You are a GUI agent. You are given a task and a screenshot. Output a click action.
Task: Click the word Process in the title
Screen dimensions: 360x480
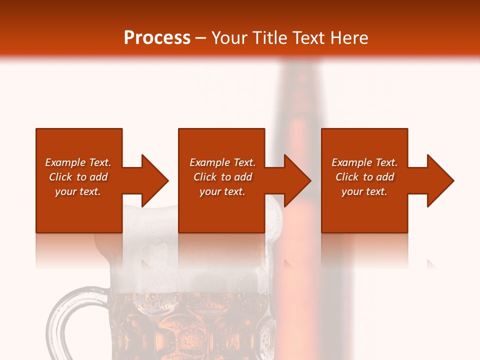(157, 38)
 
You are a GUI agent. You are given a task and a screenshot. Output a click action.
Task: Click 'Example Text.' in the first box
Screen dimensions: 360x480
(78, 162)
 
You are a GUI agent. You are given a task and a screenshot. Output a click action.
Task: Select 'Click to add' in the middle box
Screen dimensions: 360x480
(222, 177)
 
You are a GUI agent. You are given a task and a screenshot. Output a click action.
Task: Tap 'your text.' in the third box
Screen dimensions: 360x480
(364, 191)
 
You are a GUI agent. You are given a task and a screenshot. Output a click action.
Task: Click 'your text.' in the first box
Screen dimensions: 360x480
(78, 191)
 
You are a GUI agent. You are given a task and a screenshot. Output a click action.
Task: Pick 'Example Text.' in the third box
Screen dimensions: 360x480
(364, 162)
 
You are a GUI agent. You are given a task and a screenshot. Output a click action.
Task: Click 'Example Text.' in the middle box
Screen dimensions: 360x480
(222, 162)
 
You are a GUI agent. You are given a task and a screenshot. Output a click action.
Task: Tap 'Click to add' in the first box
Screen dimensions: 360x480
(78, 177)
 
